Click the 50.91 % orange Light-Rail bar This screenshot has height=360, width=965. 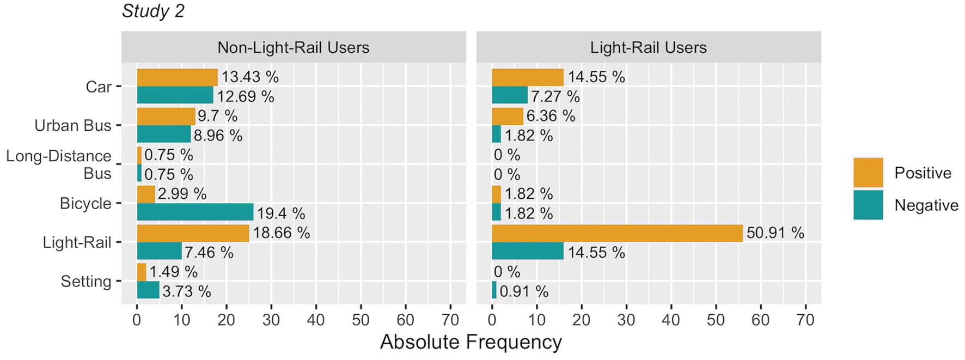[x=617, y=233]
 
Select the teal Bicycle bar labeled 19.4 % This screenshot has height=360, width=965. [x=195, y=212]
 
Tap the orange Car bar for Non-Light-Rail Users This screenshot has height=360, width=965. [x=177, y=77]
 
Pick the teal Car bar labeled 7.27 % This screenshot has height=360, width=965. [x=510, y=95]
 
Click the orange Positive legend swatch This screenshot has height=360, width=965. [x=868, y=173]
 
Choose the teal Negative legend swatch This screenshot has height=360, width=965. [x=868, y=205]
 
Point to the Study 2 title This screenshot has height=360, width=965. [x=153, y=11]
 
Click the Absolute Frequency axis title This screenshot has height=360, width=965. [x=471, y=342]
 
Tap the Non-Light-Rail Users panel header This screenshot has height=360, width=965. [x=293, y=47]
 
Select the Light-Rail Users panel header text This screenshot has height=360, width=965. [x=648, y=47]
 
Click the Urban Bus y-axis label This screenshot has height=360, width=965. [x=72, y=125]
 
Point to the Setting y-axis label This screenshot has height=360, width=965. [x=85, y=281]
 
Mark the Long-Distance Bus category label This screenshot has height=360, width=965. [x=59, y=164]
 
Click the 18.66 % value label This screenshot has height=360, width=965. [x=281, y=233]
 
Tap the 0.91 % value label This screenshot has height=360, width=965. [x=523, y=291]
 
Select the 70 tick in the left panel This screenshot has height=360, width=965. [x=450, y=320]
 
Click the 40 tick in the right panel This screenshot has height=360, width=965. [x=671, y=320]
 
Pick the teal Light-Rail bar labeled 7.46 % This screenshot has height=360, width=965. [x=159, y=251]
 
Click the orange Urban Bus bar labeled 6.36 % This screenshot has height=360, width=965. [x=508, y=116]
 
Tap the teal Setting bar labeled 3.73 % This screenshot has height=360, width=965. [x=148, y=290]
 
